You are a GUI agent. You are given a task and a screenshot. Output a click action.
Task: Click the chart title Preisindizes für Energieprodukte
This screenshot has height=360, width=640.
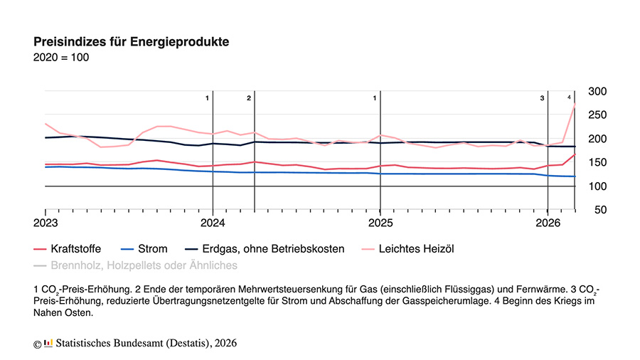tap(131, 41)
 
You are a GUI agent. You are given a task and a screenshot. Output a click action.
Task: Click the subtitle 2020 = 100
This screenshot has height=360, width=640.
tap(61, 58)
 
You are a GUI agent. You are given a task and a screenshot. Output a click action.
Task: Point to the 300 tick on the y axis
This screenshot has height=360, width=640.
tap(597, 91)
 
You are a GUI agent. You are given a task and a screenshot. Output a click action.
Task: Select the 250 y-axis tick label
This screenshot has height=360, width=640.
tap(597, 115)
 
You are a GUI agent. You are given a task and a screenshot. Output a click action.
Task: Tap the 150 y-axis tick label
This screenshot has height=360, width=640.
tap(597, 163)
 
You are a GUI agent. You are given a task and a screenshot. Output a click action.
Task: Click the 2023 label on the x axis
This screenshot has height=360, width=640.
tap(46, 223)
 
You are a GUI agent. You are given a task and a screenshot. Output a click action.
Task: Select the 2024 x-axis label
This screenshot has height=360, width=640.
tap(213, 223)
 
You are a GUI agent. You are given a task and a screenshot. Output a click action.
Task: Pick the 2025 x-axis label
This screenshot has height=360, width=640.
tap(380, 223)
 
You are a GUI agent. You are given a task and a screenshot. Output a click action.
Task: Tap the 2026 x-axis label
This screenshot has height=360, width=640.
tap(547, 223)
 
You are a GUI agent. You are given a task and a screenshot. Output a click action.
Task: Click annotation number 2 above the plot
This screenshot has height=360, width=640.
tap(249, 97)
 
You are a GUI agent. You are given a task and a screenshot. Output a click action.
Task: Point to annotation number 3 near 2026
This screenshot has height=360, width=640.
tap(542, 97)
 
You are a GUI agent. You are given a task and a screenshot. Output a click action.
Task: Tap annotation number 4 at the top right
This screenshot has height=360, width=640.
tap(569, 97)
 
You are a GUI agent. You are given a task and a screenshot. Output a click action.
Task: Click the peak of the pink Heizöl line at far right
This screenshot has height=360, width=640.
tap(574, 104)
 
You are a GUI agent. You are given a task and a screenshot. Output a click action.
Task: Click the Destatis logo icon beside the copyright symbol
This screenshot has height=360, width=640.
tap(48, 344)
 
